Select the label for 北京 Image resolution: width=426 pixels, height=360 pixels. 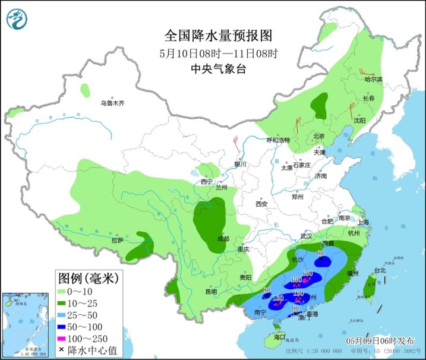pyautogui.click(x=319, y=137)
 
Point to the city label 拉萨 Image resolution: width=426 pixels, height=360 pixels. pyautogui.click(x=117, y=240)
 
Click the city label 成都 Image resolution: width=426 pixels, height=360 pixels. pyautogui.click(x=223, y=239)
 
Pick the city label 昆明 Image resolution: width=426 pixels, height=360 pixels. pyautogui.click(x=211, y=292)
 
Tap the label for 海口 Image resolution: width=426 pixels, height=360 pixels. pyautogui.click(x=279, y=337)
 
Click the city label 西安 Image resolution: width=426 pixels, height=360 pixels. pyautogui.click(x=262, y=204)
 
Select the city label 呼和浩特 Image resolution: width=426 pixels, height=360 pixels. pyautogui.click(x=278, y=141)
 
